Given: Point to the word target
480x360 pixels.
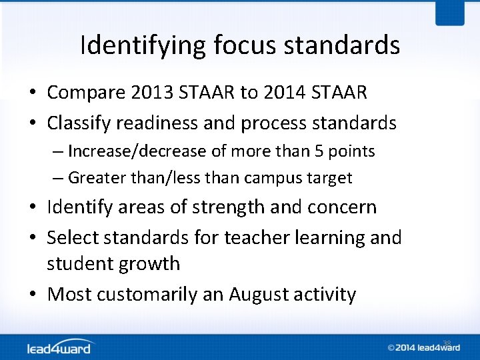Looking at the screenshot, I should [x=328, y=178].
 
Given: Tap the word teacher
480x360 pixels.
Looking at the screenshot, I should [x=253, y=238].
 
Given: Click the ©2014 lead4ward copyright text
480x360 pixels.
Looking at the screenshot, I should [x=420, y=347].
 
